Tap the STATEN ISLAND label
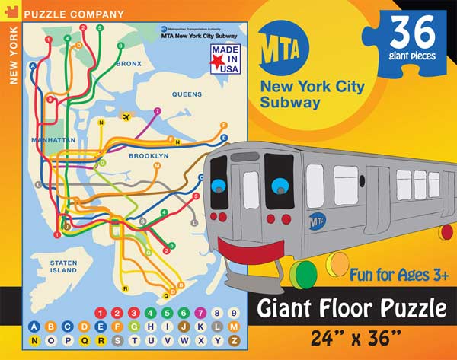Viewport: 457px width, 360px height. [x=64, y=266]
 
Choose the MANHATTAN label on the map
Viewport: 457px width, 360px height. [x=53, y=141]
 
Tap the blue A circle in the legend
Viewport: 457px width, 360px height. [x=34, y=327]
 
